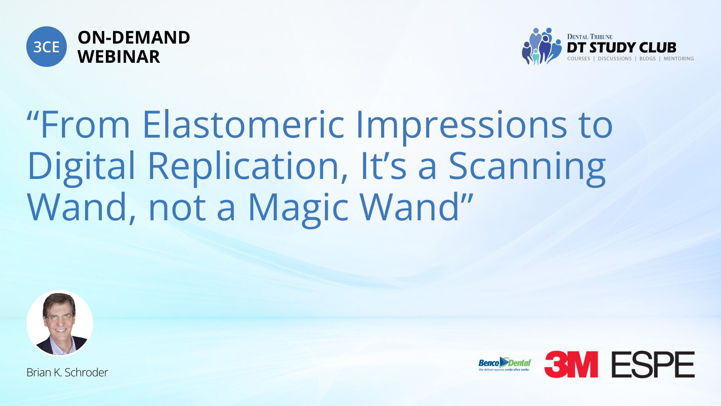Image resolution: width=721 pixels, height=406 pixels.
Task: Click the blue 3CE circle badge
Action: [47, 47]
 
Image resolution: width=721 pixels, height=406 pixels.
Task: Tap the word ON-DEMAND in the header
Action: [134, 38]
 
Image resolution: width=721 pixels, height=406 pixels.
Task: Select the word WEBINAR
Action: [119, 57]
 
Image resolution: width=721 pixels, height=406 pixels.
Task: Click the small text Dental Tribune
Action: [590, 36]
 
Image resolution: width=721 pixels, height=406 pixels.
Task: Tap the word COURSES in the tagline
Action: [578, 59]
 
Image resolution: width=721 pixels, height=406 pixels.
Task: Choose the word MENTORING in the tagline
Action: [679, 59]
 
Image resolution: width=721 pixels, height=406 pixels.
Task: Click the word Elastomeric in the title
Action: [243, 124]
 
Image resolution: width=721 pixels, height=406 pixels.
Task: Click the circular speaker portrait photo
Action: [60, 323]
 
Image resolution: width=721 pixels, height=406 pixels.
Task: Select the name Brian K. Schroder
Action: [67, 373]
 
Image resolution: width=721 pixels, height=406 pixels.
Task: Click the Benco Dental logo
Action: [505, 364]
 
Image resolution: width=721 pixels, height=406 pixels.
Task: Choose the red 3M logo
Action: [571, 364]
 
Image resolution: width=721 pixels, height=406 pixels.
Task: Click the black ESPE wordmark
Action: [653, 364]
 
